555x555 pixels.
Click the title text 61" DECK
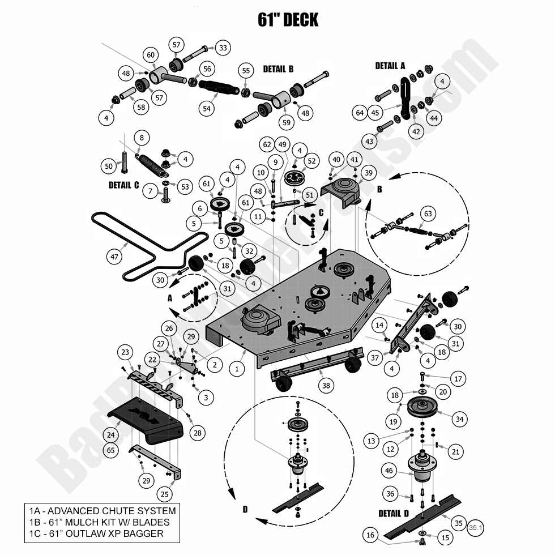pos(288,20)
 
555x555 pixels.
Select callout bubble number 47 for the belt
pos(114,257)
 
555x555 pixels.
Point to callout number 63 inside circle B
pos(428,214)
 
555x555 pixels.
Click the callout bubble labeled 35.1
pos(476,527)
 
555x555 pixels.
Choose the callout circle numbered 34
pos(459,420)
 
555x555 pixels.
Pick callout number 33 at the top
pos(222,49)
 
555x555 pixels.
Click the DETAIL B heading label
pos(278,69)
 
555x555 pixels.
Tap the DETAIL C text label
pos(123,185)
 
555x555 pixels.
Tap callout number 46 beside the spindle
pos(389,470)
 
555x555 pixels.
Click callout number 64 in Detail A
pos(360,113)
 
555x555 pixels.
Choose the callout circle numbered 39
pos(369,173)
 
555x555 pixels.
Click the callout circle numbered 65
pos(111,450)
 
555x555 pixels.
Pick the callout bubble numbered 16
pos(370,534)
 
